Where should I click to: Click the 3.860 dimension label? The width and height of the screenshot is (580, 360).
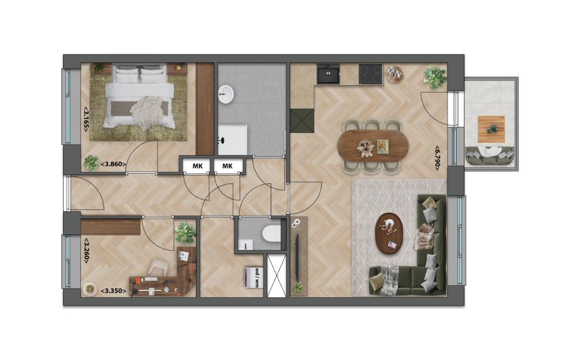click(113, 165)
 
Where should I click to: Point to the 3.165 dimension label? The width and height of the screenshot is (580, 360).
click(86, 119)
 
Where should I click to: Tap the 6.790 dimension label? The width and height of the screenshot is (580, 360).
click(437, 158)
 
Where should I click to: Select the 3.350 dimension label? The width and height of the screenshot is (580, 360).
click(113, 291)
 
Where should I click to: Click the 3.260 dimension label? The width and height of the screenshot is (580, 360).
click(86, 251)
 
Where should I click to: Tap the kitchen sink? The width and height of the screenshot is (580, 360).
click(328, 74)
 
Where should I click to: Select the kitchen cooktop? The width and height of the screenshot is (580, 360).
click(370, 74)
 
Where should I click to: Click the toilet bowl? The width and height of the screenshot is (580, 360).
click(271, 234)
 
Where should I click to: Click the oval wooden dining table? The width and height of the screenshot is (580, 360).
click(373, 146)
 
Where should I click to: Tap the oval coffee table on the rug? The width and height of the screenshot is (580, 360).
click(389, 233)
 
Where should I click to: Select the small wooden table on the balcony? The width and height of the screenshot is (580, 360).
click(491, 130)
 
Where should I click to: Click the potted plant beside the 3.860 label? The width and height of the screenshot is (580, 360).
click(91, 163)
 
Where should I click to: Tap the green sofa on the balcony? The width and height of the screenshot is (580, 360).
click(489, 156)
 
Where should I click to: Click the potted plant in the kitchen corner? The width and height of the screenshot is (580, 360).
click(435, 77)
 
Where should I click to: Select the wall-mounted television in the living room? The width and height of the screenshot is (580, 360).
click(297, 257)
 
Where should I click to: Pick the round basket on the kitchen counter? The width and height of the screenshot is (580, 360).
click(395, 74)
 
